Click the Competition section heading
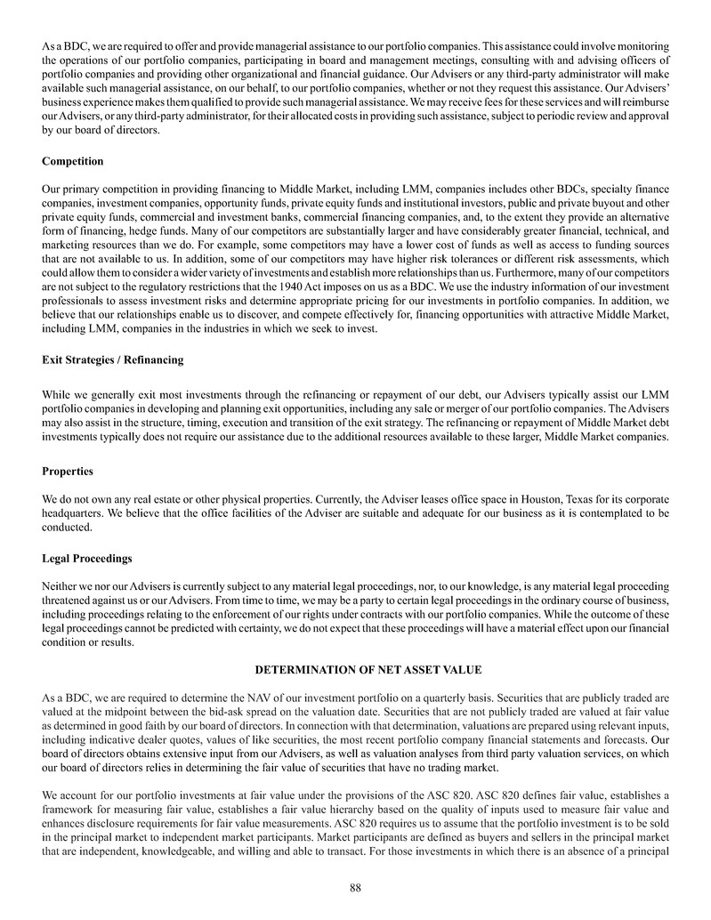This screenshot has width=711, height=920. coord(72,161)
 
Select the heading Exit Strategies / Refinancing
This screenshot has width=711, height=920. coord(112,359)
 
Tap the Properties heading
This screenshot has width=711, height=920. coord(68,471)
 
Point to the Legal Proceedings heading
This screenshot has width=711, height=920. coord(86,558)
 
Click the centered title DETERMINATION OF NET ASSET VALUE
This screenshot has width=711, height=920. coord(355,668)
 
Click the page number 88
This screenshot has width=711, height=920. coord(355,887)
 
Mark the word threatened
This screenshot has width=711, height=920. coord(69,597)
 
